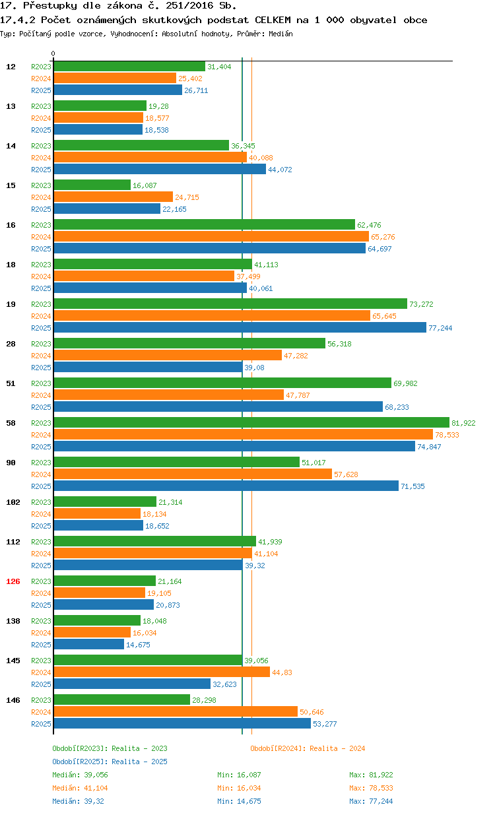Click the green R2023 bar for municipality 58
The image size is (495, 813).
point(251,422)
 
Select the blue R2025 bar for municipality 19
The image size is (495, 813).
point(240,327)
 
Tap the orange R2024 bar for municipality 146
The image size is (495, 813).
point(175,711)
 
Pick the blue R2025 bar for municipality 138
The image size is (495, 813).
point(88,644)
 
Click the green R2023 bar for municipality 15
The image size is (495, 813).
point(92,185)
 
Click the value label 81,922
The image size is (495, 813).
point(463,423)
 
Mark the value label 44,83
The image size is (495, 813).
point(282,672)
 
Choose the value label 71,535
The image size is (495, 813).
point(413,486)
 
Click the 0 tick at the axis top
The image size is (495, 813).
point(53,54)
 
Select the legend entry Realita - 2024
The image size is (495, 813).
point(308,748)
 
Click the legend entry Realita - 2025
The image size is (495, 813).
point(110,762)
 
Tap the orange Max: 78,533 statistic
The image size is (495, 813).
point(371,788)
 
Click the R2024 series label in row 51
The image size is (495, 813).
point(41,395)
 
